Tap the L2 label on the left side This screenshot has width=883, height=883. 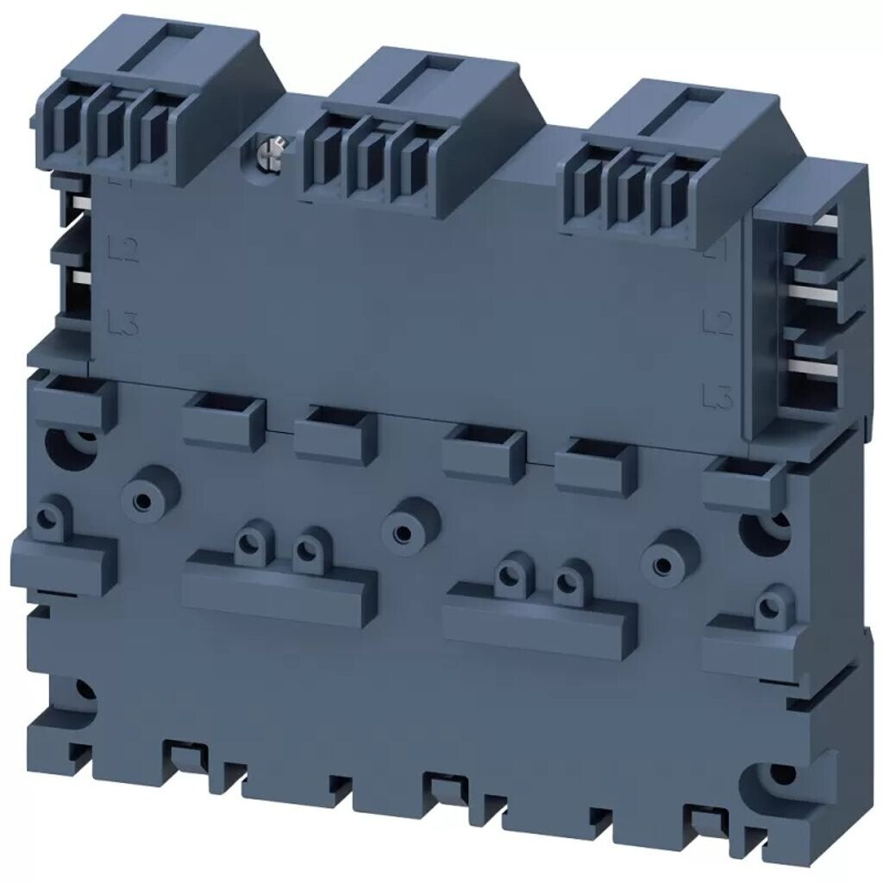126,252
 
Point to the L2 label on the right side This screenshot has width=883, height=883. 717,323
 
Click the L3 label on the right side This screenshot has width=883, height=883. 717,397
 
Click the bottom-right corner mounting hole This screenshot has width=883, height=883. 781,773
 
